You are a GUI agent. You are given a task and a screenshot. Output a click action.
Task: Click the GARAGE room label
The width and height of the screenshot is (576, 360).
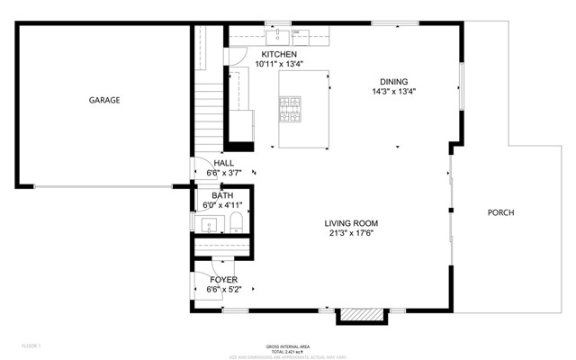(x=104, y=100)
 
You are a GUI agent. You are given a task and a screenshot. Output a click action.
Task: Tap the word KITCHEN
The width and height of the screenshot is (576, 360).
(x=279, y=54)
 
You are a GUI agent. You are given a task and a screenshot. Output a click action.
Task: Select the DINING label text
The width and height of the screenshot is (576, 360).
(x=393, y=81)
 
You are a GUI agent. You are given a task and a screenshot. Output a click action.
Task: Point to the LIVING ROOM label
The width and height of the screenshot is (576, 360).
(x=351, y=223)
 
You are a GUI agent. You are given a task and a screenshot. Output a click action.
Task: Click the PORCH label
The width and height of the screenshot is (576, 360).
(x=500, y=213)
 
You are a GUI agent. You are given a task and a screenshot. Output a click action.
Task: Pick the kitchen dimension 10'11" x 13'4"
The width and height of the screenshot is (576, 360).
(x=279, y=64)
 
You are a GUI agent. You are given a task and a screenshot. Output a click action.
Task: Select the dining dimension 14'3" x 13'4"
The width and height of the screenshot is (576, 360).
(x=393, y=91)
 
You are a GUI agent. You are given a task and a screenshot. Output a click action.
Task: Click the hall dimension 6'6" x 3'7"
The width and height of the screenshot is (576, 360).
(x=223, y=173)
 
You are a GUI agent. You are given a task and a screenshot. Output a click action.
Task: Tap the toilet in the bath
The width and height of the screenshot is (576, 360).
(x=236, y=222)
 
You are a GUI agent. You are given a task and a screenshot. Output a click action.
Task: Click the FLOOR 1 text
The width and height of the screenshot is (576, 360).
(x=31, y=346)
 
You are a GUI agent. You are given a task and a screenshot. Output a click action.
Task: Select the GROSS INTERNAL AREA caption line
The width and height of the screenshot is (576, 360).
(x=288, y=346)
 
